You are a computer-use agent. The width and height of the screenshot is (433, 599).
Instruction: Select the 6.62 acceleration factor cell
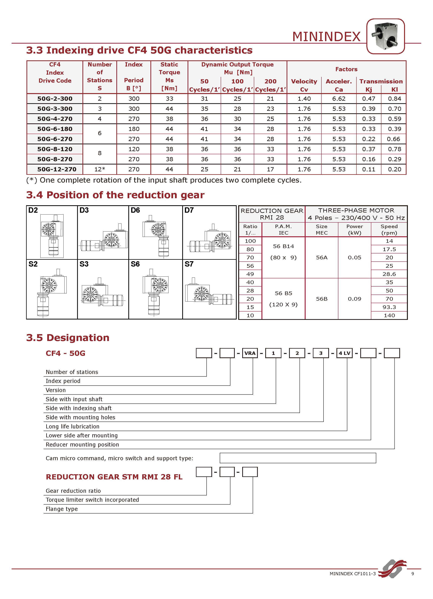point(339,99)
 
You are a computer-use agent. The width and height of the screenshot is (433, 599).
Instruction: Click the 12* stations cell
point(100,169)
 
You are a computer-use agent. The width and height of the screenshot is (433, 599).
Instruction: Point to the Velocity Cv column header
point(304,85)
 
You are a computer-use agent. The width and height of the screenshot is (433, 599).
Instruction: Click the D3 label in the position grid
point(84,210)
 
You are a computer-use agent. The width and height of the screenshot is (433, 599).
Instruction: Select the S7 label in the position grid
point(189,264)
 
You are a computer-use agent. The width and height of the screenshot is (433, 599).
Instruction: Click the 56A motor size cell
point(322,257)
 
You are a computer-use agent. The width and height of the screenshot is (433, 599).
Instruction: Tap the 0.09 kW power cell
point(354,299)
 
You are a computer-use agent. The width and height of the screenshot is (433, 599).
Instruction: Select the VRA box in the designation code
point(250,353)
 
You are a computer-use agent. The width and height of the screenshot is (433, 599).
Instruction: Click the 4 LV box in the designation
point(344,353)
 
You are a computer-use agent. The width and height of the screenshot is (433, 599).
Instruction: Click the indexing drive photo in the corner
point(385,36)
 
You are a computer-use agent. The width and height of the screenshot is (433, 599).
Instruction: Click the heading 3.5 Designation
point(68,338)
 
